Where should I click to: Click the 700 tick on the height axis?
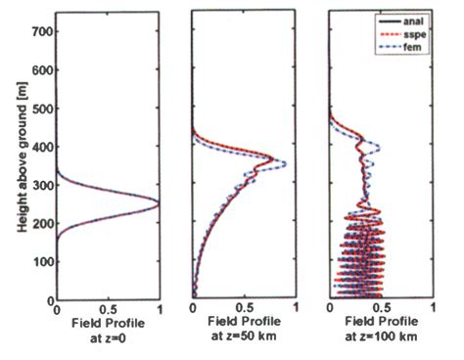(x=40, y=33)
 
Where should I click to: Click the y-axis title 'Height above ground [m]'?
(x=20, y=160)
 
